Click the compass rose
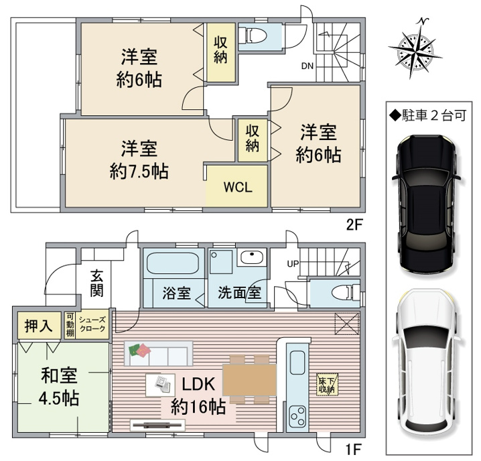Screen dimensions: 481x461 coord(415,48)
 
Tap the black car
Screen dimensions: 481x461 coord(427,205)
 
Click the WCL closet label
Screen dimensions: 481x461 coord(238,187)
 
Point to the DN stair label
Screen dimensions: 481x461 coord(307,66)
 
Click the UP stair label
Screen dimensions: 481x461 coord(293,263)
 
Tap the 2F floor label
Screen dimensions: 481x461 coord(354,225)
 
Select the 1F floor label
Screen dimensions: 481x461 coord(354,450)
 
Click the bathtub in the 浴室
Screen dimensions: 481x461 coord(173,263)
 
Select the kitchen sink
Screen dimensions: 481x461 coord(297,363)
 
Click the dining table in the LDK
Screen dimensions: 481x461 coord(249,380)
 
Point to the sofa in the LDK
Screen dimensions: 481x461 coord(158,353)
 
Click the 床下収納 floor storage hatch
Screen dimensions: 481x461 coord(328,385)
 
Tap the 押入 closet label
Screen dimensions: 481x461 coord(39,326)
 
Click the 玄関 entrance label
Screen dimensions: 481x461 coord(96,283)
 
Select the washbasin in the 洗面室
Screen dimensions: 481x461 coord(252,257)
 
